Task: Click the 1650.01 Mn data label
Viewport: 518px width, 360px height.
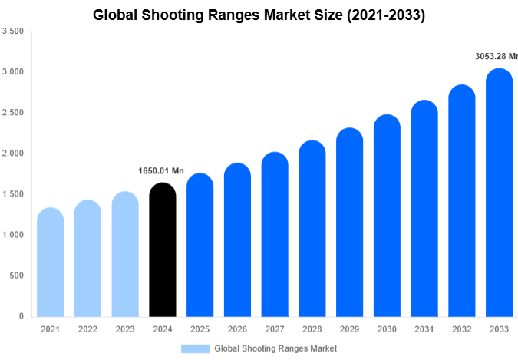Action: [x=161, y=170]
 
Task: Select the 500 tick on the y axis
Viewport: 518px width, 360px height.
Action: [x=16, y=276]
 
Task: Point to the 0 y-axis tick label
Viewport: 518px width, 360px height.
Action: [x=21, y=316]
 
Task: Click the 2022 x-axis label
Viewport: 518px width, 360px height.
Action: [x=87, y=329]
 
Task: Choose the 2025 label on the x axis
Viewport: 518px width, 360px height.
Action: [x=200, y=329]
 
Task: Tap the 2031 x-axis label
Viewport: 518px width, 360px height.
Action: [x=424, y=329]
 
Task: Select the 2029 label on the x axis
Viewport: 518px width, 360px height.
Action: [x=349, y=329]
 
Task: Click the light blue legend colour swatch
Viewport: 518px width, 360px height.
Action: [x=195, y=348]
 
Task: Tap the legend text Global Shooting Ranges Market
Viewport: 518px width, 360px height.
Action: [x=275, y=348]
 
